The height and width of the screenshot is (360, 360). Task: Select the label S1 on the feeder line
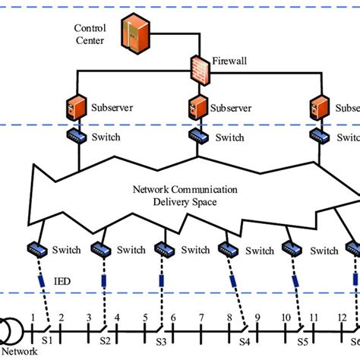[x=47, y=341]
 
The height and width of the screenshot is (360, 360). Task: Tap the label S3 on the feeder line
[x=160, y=341]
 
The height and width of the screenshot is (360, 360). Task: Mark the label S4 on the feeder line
[x=245, y=341]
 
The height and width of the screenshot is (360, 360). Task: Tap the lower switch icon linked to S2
[x=101, y=249]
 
